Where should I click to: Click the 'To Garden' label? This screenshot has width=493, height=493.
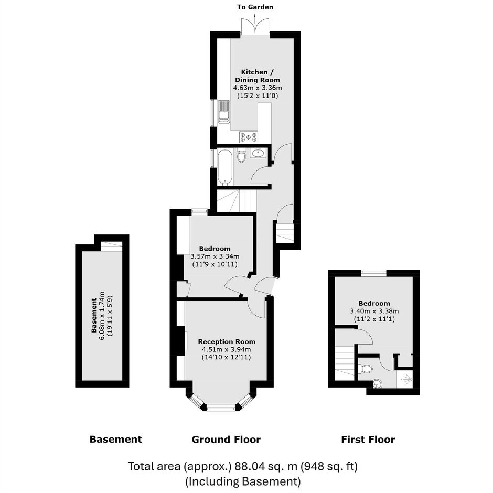coord(255,7)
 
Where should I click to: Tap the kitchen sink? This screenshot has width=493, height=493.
coord(224,112)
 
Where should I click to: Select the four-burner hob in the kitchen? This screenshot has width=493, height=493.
coord(249,137)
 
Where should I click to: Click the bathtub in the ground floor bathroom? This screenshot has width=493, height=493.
coord(225,167)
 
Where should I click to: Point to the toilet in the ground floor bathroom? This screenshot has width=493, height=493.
coord(241,155)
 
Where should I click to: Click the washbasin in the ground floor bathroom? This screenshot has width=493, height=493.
coord(259,153)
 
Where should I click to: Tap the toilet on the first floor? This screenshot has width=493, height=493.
coord(365,368)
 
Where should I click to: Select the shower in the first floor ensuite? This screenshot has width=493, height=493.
coord(405,379)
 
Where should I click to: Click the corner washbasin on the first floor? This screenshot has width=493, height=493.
coord(377,383)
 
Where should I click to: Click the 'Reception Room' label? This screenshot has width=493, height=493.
coord(227,341)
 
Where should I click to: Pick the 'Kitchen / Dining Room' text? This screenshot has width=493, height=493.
coord(257,76)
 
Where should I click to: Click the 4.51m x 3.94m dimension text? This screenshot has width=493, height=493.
coord(227,349)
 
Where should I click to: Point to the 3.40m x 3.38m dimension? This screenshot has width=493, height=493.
coord(374,311)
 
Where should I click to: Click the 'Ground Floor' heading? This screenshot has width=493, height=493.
coord(226,439)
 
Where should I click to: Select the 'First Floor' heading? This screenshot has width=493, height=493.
coord(368,439)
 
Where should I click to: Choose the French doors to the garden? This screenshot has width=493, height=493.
coord(255,27)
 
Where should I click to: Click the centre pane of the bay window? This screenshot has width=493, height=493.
coord(221,408)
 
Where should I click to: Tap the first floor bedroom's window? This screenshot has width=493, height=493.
coord(374,273)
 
